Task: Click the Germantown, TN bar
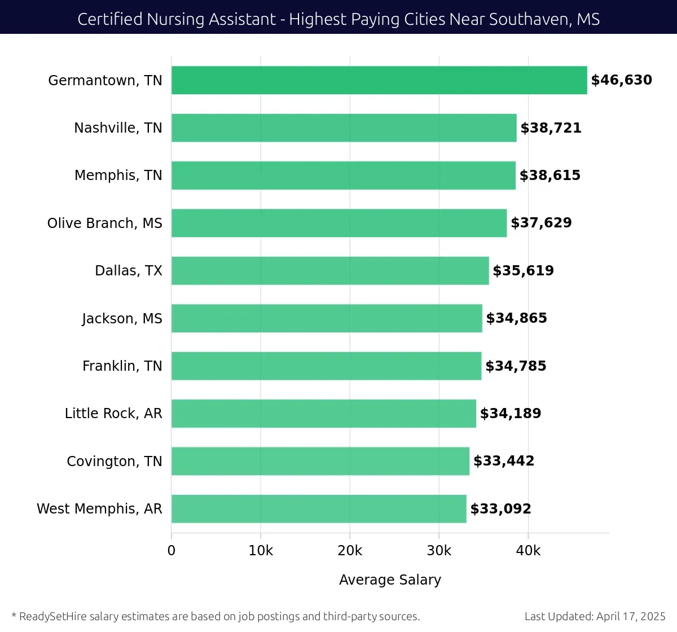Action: tap(379, 80)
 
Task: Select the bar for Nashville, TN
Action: tap(344, 128)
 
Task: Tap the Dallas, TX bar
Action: tap(330, 271)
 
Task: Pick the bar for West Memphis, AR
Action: tap(319, 509)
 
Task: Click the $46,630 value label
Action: tap(621, 80)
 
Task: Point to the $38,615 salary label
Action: tap(549, 175)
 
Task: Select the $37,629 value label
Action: tap(541, 223)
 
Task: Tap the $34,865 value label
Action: tap(516, 318)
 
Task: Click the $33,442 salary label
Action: tap(504, 461)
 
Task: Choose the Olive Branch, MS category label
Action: tap(105, 223)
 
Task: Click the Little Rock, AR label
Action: tap(113, 414)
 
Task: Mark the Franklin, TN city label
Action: tap(122, 366)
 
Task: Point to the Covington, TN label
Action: tap(115, 462)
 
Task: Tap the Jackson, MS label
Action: tap(122, 319)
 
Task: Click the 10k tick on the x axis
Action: tap(261, 551)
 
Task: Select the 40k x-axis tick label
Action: tap(528, 551)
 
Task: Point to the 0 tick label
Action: tap(172, 551)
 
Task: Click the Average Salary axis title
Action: tap(390, 580)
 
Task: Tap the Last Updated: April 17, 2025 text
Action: tap(595, 616)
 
